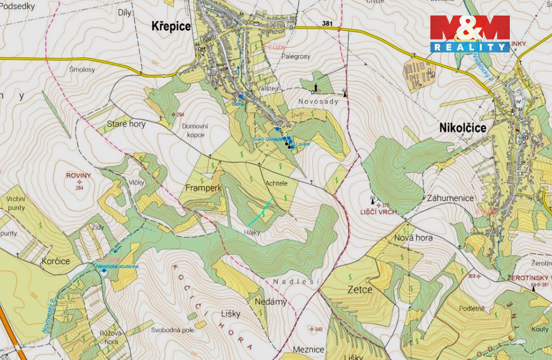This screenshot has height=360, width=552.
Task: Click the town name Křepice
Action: [x=171, y=26]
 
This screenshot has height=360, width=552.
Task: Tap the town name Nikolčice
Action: [x=463, y=128]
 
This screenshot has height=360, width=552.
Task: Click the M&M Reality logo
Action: [x=470, y=33]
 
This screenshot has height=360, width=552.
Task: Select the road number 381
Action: [x=327, y=24]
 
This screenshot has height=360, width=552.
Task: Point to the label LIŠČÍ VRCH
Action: [x=379, y=212]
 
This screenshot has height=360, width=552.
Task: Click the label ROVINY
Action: [x=78, y=176]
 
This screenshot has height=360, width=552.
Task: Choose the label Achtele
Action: [x=276, y=183]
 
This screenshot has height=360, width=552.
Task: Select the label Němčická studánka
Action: [x=117, y=266]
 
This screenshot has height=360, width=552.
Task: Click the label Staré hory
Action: [x=126, y=124]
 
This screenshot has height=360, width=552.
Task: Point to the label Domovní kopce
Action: [x=193, y=130]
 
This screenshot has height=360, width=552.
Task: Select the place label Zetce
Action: [x=360, y=289]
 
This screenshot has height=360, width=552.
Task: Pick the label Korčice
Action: [x=55, y=261]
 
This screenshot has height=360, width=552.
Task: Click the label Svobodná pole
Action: [x=173, y=330]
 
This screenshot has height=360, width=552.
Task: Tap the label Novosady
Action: [x=318, y=101]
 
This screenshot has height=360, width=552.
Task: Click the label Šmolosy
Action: [x=82, y=69]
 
